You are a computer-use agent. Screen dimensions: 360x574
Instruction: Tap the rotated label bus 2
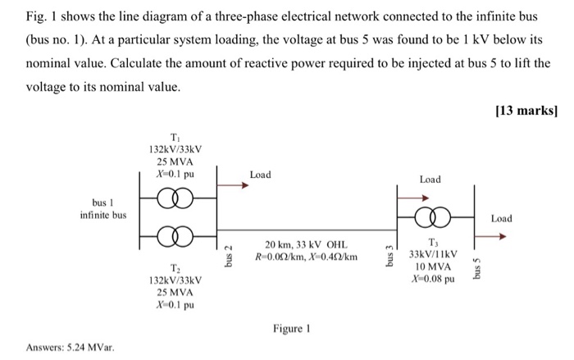(229, 253)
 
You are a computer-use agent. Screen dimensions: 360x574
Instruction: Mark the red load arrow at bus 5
(491, 235)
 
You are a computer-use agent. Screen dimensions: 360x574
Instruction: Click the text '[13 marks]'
(528, 111)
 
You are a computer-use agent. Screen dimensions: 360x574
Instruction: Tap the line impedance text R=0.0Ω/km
(279, 257)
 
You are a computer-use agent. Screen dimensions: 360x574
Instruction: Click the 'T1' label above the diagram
(175, 137)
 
